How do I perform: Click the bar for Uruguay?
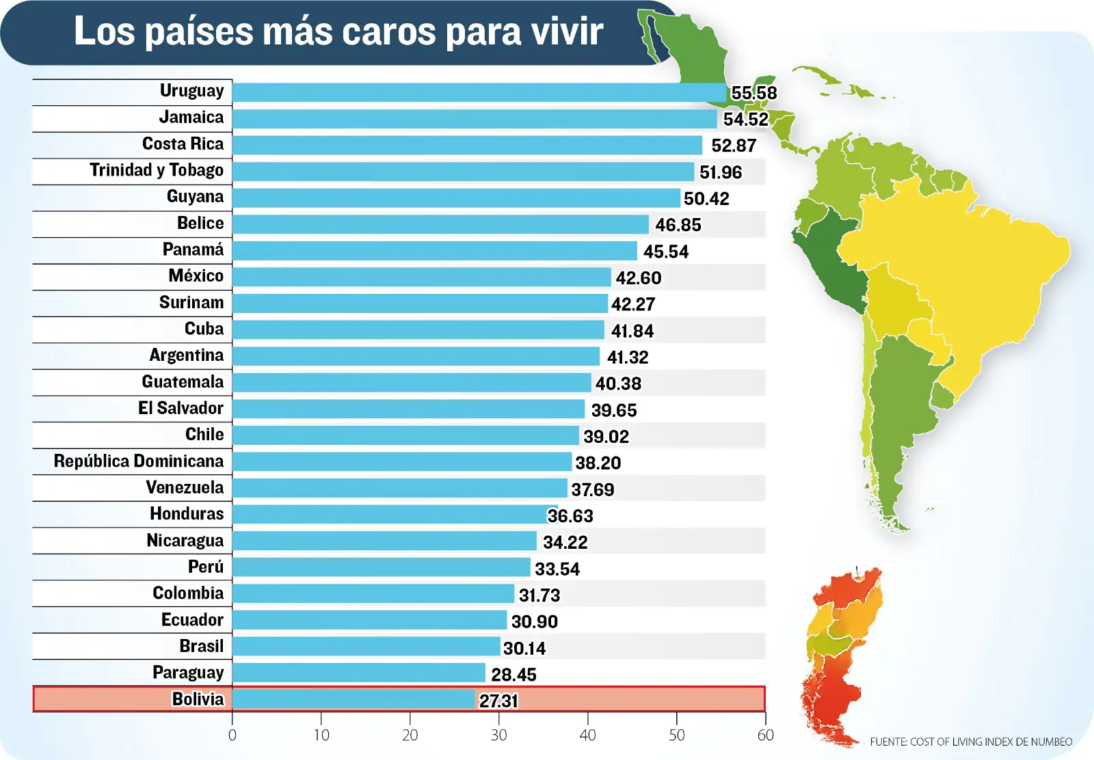click(479, 92)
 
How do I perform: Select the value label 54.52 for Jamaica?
click(745, 119)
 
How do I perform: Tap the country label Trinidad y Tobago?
click(157, 170)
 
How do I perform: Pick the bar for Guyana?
click(456, 198)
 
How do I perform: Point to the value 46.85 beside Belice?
click(678, 225)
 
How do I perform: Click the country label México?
click(196, 276)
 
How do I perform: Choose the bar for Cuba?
click(418, 330)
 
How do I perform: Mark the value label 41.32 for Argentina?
click(627, 357)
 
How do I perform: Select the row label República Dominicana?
click(139, 461)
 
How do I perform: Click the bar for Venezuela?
click(399, 488)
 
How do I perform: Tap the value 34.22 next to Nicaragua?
click(565, 542)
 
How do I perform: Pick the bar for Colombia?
click(373, 593)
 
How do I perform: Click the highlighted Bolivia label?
click(198, 699)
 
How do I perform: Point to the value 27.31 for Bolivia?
click(498, 701)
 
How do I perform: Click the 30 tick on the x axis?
click(498, 735)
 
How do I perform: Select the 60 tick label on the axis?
click(765, 735)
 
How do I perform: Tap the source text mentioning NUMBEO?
click(970, 742)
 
